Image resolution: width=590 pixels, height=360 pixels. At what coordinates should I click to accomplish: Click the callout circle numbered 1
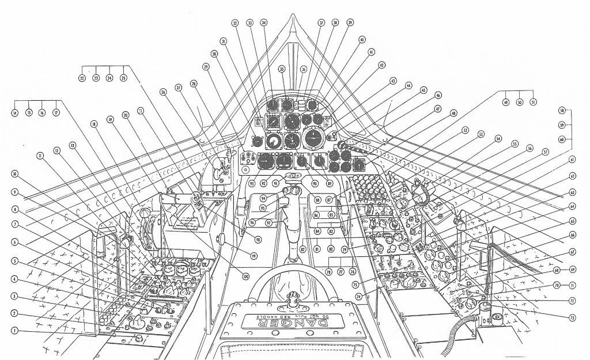[13, 331]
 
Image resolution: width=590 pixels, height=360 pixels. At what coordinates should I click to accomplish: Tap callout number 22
[82, 78]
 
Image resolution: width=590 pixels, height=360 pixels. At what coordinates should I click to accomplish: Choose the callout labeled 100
[246, 276]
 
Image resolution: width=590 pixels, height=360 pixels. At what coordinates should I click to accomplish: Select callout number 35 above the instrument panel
[282, 69]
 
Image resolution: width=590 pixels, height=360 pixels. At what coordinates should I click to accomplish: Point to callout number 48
[453, 113]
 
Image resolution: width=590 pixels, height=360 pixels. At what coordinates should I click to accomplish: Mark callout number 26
[163, 92]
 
